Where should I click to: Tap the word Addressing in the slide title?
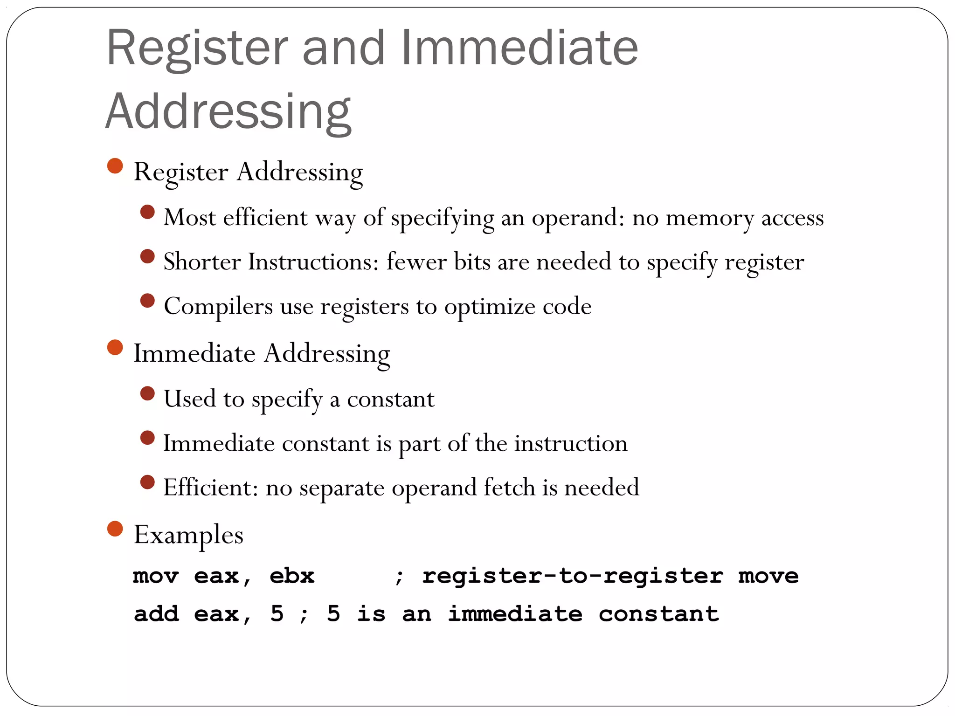(228, 112)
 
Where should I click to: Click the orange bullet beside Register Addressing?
(115, 166)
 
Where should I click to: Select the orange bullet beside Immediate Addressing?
(115, 347)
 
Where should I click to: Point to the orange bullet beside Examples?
(115, 529)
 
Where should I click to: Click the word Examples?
(188, 535)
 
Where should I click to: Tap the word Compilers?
(218, 306)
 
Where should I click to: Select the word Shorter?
(202, 262)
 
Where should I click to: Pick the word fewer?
(415, 262)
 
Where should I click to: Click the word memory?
(709, 218)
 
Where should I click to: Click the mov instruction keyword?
(156, 576)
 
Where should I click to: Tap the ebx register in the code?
(292, 576)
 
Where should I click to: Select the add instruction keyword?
(156, 614)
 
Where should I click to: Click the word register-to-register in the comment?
(573, 576)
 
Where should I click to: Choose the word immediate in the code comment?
(515, 614)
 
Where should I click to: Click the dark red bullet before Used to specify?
(147, 393)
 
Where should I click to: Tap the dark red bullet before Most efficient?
(147, 212)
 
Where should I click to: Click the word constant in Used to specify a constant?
(391, 399)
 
